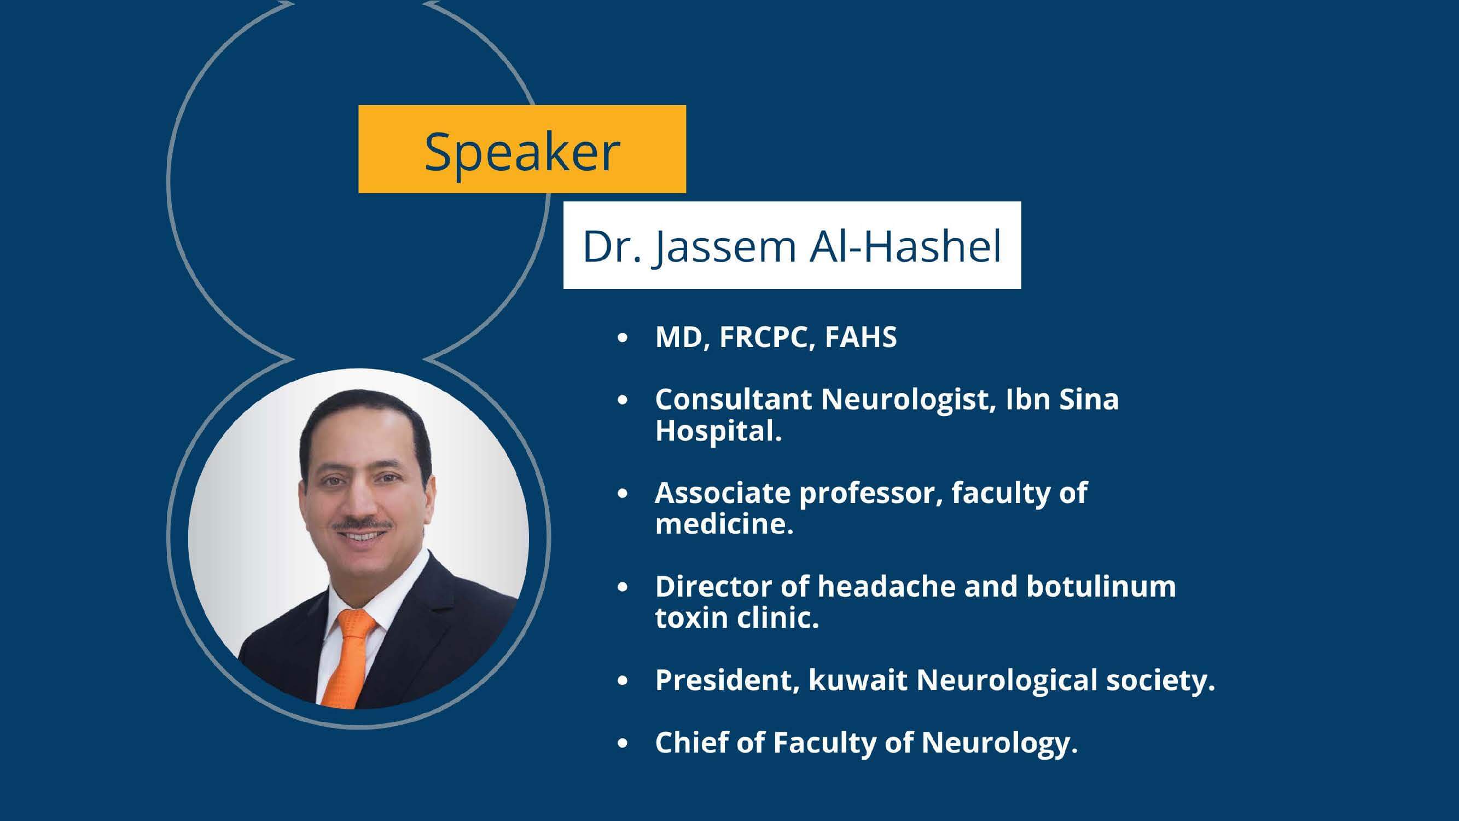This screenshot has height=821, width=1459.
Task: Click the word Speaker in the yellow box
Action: (x=522, y=152)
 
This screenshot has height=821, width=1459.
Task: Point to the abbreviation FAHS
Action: (x=861, y=337)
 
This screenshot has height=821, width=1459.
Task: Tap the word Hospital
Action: (x=718, y=432)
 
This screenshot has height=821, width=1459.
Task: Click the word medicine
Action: (x=724, y=524)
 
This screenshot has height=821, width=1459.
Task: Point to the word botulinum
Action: (x=1101, y=586)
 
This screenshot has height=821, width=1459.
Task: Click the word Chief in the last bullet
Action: (x=691, y=742)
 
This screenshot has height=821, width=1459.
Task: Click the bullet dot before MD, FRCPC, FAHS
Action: (x=623, y=339)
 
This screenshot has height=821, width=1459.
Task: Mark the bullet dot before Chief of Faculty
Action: (x=623, y=744)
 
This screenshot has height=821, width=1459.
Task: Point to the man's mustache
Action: (x=363, y=525)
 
